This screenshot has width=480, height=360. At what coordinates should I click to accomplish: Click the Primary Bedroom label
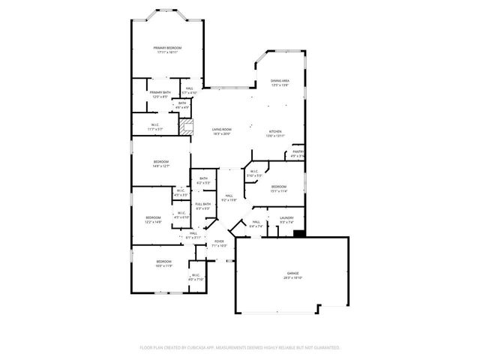(x=169, y=49)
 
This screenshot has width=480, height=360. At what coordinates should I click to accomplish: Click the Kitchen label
(x=276, y=133)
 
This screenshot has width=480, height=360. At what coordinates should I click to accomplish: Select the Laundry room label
(x=286, y=219)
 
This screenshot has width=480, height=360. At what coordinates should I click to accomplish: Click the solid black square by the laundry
(x=299, y=233)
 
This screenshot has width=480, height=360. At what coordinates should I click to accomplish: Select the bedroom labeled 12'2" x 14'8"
(x=154, y=220)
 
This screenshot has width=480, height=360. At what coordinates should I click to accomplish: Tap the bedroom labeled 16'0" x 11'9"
(x=164, y=263)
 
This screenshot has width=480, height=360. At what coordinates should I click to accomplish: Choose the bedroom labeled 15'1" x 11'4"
(x=279, y=188)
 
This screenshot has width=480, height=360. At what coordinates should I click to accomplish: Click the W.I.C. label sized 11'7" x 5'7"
(x=155, y=127)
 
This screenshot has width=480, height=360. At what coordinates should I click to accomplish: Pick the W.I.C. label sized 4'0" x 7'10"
(x=196, y=277)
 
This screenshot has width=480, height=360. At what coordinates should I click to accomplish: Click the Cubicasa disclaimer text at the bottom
(x=240, y=347)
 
